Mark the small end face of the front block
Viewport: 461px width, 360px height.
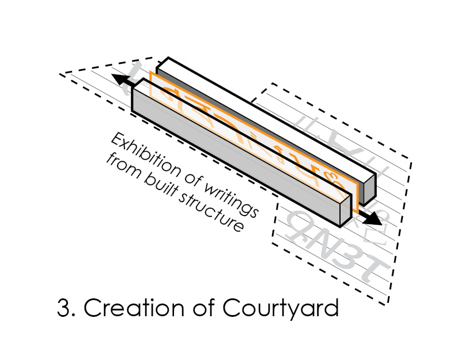tap(346, 214)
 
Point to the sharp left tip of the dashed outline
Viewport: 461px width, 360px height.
tap(61, 74)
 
